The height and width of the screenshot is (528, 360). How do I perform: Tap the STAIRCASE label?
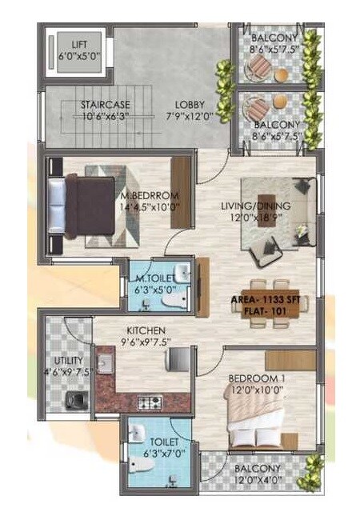tap(105, 105)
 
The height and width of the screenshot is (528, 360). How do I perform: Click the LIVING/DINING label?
tap(256, 206)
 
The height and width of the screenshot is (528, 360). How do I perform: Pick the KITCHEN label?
tap(145, 330)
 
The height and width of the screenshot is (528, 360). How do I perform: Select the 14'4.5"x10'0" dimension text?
tap(150, 206)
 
